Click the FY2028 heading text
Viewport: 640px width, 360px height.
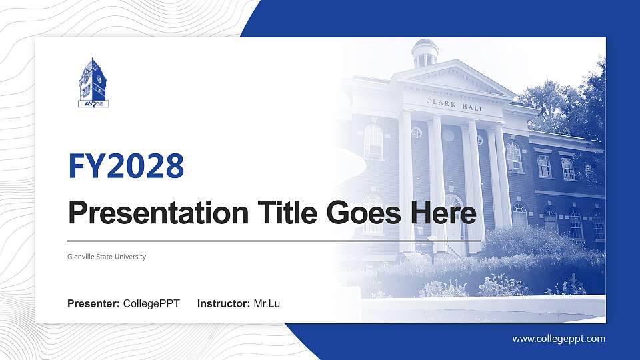click(x=126, y=167)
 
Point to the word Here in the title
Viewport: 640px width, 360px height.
click(x=443, y=213)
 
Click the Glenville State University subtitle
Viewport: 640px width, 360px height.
click(x=107, y=257)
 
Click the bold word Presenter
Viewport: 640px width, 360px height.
click(x=93, y=304)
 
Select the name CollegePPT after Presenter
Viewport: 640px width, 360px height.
click(x=151, y=304)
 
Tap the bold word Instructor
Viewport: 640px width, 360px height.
click(x=224, y=304)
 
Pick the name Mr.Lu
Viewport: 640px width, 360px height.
click(x=267, y=304)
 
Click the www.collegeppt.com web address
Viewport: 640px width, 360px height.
click(x=559, y=339)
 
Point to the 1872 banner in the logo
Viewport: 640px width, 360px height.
click(x=93, y=103)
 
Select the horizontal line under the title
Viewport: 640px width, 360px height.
click(x=273, y=240)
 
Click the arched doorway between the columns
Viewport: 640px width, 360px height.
click(x=454, y=217)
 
